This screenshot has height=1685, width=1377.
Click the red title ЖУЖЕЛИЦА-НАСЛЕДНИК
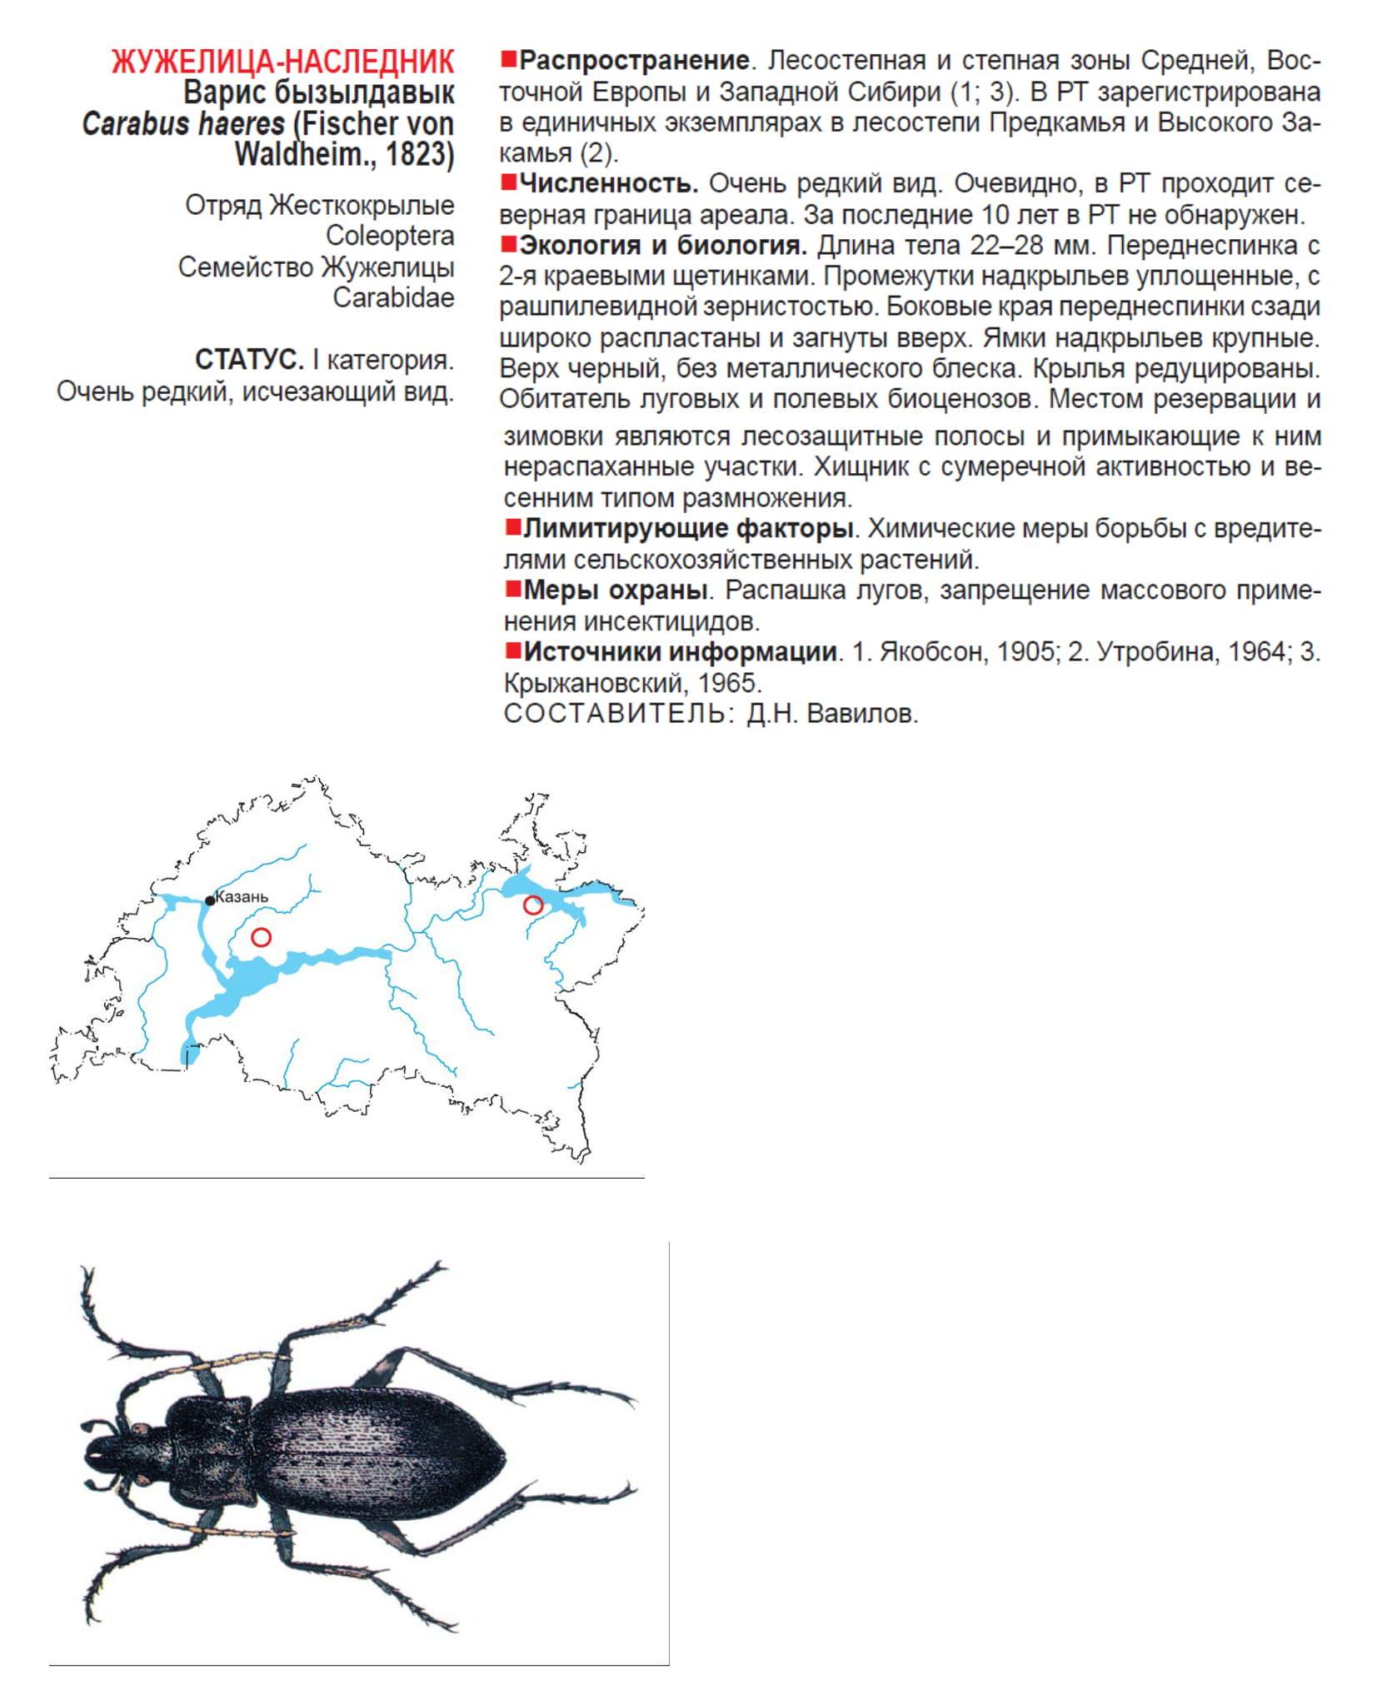[282, 62]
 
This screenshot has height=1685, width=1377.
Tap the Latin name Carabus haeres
[182, 124]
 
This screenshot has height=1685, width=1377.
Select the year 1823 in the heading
[419, 155]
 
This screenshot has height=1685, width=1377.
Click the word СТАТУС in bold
[248, 360]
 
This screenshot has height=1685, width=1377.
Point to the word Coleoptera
[389, 236]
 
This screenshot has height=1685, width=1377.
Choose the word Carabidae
[393, 297]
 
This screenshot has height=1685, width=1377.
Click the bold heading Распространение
[633, 61]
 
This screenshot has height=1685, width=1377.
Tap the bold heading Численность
[608, 183]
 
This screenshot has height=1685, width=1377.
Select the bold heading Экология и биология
[663, 246]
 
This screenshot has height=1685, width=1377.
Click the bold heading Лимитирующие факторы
[688, 528]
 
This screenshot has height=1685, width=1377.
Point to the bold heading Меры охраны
[616, 590]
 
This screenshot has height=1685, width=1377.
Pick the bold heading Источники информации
[680, 651]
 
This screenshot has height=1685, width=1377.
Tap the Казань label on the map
[242, 897]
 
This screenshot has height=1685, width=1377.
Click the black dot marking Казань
[210, 900]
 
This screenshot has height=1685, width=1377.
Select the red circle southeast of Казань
[261, 937]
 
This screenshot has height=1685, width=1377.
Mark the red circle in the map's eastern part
[532, 905]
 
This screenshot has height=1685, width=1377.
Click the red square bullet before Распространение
[508, 59]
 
